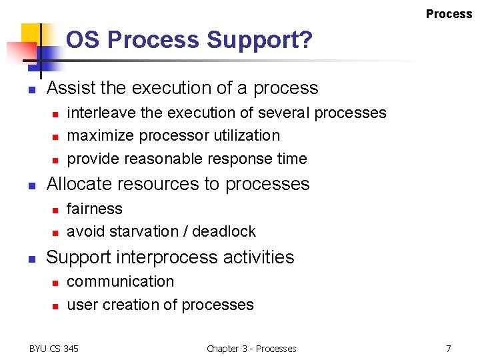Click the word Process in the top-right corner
[x=449, y=14]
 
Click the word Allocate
[x=81, y=184]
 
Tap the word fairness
[x=95, y=209]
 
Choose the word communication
[x=120, y=281]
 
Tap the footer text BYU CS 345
[x=54, y=349]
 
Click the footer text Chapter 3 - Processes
[x=251, y=349]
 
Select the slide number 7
[x=449, y=349]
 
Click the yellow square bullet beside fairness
[x=56, y=210]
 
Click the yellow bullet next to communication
[x=56, y=283]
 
